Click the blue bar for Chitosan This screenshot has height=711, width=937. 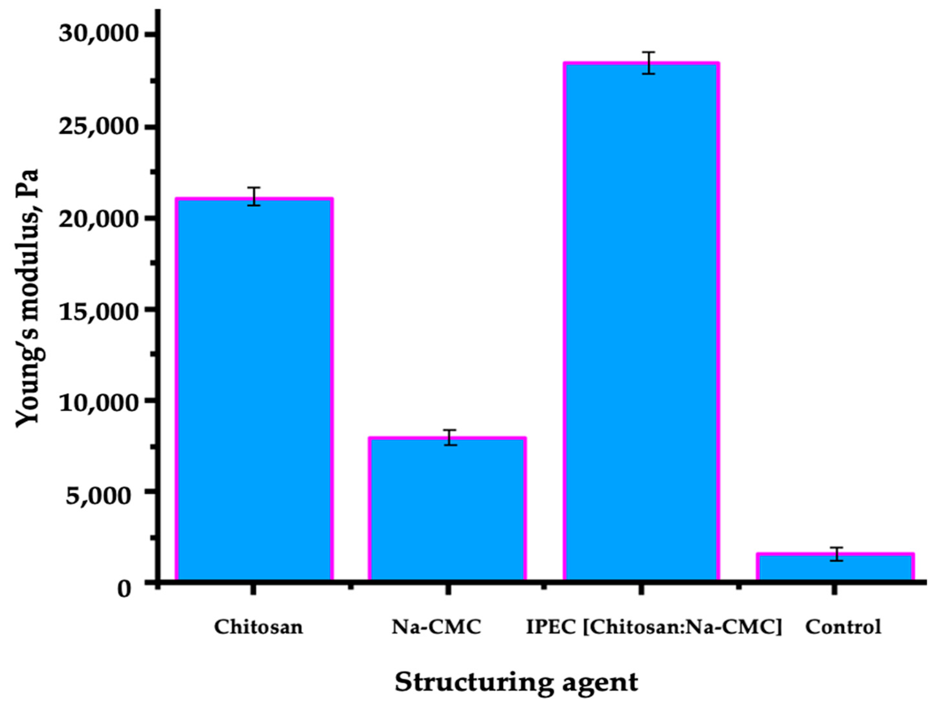[x=254, y=390]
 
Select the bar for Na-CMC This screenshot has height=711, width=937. [x=447, y=509]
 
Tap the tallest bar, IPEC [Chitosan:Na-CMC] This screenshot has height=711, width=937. [x=641, y=322]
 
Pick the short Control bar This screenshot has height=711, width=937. [x=835, y=568]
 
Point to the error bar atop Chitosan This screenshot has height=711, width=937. [x=254, y=196]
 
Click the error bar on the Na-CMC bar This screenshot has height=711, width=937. [x=450, y=437]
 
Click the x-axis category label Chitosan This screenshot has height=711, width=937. [x=258, y=627]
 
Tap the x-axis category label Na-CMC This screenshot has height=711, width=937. [x=436, y=627]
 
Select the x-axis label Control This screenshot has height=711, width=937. [x=843, y=627]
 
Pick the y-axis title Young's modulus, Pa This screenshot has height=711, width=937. [x=28, y=297]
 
